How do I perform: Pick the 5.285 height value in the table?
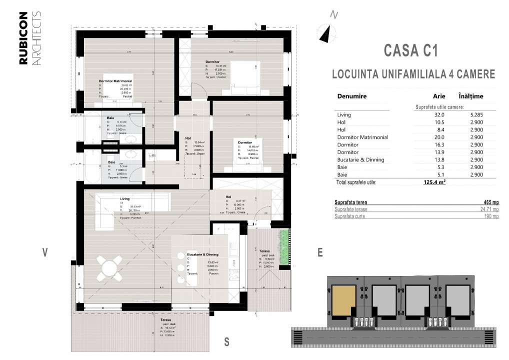coord(476,115)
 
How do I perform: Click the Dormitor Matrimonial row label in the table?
coord(362,137)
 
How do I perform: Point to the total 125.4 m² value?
coord(434,182)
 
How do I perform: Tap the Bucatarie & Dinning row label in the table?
coord(360,159)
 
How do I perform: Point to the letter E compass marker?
coord(320,253)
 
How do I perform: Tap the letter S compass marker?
coord(226,342)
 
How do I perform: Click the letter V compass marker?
coord(45,253)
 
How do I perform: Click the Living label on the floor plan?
coord(124,199)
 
